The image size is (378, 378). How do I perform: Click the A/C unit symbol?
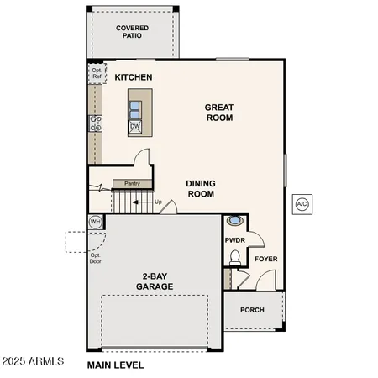tap(301, 203)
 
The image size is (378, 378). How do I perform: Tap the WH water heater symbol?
tap(96, 222)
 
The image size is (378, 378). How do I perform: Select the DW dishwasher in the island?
tap(134, 127)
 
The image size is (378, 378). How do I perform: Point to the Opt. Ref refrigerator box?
tap(96, 74)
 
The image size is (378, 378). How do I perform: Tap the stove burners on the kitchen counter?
tap(95, 123)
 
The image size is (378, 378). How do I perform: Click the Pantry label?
tap(132, 183)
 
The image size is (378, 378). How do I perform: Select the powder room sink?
tap(236, 221)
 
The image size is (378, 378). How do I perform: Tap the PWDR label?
tap(234, 240)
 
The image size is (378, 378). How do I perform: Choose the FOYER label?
tap(266, 259)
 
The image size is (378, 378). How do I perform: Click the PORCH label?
tap(252, 309)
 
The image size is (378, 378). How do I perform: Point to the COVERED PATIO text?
tap(132, 32)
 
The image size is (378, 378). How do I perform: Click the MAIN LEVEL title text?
tap(116, 365)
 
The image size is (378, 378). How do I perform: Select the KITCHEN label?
tap(134, 77)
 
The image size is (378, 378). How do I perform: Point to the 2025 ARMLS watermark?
tap(34, 362)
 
